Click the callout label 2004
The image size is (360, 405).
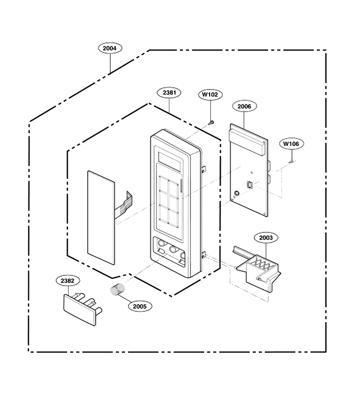click(x=110, y=48)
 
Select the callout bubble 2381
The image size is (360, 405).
click(x=169, y=93)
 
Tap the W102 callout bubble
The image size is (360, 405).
click(x=210, y=94)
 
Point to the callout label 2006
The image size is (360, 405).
click(x=244, y=106)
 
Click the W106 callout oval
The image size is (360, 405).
click(x=291, y=144)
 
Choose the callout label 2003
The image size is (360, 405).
click(x=266, y=238)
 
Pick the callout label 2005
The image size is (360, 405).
click(x=139, y=306)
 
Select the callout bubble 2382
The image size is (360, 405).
click(x=67, y=281)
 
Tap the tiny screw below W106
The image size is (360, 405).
click(x=292, y=162)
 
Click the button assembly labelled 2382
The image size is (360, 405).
click(x=82, y=309)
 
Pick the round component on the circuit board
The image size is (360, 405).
click(x=236, y=193)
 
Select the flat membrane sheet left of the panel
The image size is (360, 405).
click(x=101, y=217)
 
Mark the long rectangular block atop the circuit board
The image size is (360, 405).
click(x=247, y=142)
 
